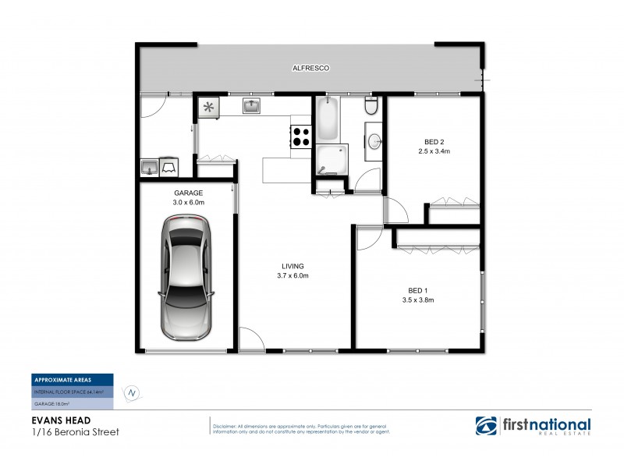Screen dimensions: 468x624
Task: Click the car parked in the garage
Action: tap(186, 278)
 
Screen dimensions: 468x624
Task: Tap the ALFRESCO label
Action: tap(311, 69)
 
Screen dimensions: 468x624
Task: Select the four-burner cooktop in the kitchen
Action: tap(302, 137)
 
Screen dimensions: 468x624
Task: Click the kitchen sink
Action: tap(251, 107)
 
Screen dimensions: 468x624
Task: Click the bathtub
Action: tap(328, 119)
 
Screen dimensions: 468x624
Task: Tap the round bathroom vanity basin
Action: tap(375, 143)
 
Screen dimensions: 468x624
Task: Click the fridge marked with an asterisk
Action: tap(209, 108)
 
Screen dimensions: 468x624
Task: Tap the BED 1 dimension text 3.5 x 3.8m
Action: tap(417, 300)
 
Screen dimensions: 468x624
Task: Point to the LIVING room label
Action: tap(293, 266)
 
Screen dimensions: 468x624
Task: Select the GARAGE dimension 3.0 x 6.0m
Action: tap(188, 202)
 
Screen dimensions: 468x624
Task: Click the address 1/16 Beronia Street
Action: tap(75, 431)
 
